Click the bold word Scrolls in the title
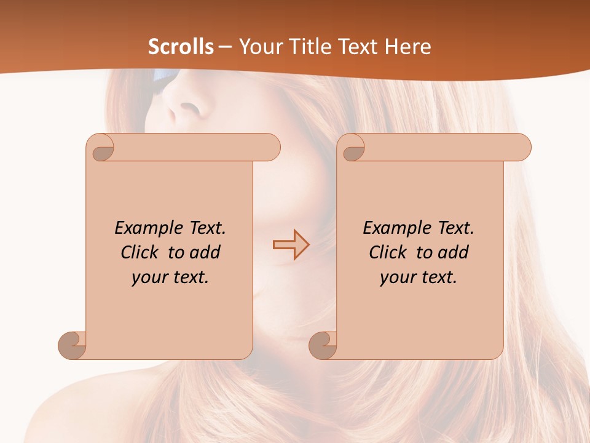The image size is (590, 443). [181, 47]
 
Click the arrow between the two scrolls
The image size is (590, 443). [291, 245]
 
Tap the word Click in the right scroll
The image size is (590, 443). [388, 252]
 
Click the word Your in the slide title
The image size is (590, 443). [258, 47]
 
